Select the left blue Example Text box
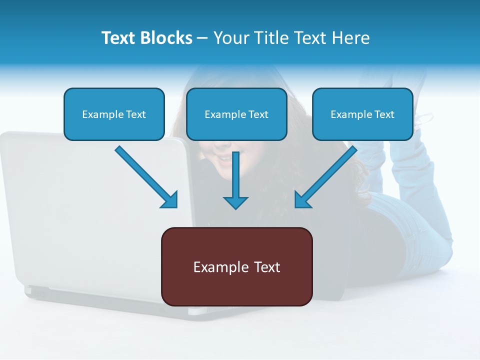coord(114,114)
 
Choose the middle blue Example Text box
coord(236,114)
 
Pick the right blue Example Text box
coord(362,114)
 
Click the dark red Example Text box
coord(236,266)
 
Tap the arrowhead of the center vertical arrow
coord(235,202)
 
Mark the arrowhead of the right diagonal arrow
coord(302,200)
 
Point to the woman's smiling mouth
coord(225,159)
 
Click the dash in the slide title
coord(202,38)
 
